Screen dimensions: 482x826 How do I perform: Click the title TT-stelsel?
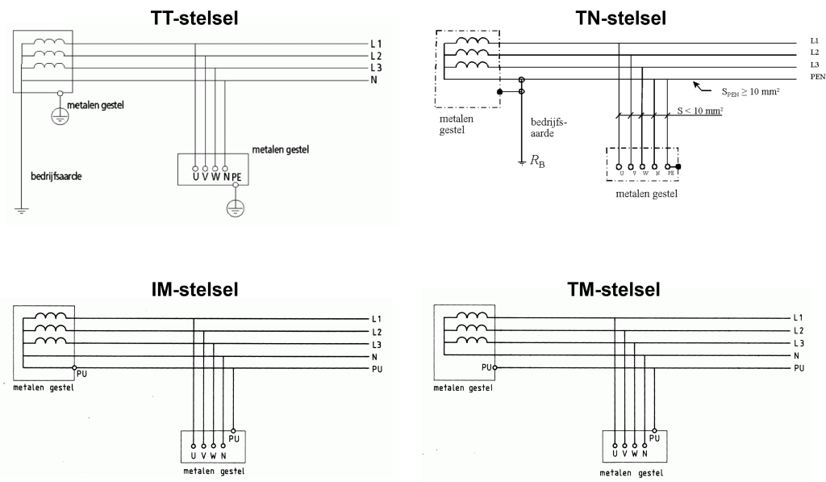[194, 18]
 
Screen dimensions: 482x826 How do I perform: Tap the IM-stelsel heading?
[194, 289]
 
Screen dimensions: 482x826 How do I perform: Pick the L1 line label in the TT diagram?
[375, 44]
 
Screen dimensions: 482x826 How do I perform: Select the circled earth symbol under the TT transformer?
[59, 115]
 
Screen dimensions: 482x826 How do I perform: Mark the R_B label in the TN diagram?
[537, 161]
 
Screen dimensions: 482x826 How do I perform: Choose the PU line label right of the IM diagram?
[377, 369]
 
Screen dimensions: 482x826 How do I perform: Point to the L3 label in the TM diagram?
[799, 343]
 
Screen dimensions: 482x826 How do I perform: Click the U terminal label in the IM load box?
[194, 455]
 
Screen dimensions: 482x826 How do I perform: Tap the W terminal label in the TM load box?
[635, 456]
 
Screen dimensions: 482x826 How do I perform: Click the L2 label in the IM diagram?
[376, 332]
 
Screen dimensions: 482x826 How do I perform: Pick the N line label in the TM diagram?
[797, 355]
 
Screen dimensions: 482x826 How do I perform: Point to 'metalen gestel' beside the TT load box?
[280, 149]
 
